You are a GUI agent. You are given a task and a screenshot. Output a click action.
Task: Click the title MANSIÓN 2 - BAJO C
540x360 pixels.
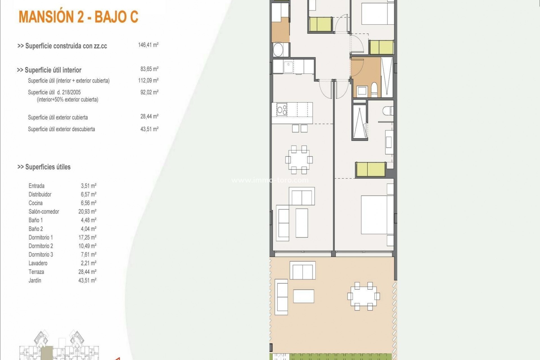tap(78, 17)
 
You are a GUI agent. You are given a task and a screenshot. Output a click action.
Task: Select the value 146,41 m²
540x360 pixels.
tap(148, 45)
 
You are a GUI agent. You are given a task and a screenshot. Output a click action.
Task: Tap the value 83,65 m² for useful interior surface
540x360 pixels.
tap(149, 69)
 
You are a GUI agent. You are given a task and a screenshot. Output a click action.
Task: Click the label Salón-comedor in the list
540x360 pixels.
tap(44, 211)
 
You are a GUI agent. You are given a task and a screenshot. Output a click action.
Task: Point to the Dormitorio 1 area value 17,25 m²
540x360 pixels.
tap(87, 237)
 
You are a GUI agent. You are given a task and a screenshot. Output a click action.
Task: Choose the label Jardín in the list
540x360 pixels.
tap(35, 280)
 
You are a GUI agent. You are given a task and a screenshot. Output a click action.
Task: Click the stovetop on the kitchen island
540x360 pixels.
tap(282, 109)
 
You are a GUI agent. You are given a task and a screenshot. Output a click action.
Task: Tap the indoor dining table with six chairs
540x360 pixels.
tap(299, 160)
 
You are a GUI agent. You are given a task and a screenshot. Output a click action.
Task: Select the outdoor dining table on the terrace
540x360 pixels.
tap(363, 296)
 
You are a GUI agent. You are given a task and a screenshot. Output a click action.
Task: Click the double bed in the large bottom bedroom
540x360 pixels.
tap(377, 215)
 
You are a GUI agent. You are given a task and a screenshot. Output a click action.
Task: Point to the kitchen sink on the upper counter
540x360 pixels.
tap(288, 67)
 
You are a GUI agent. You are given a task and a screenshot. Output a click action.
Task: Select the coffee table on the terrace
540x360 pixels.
tap(303, 296)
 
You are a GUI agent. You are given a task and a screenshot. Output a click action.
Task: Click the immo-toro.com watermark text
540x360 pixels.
tap(270, 180)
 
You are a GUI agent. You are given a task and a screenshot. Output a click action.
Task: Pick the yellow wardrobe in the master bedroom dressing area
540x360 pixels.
tap(371, 169)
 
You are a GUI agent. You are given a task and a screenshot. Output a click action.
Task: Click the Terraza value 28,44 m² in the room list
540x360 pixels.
tap(87, 272)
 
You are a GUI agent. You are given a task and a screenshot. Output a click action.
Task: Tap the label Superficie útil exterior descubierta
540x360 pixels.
tap(61, 129)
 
